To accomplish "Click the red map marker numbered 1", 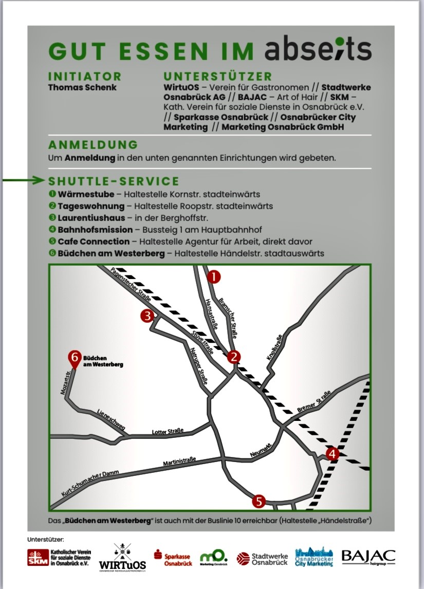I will tap(213, 277).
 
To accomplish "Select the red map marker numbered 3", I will tap(148, 316).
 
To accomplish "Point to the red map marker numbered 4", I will tap(333, 454).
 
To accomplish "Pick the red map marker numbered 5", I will tap(259, 501).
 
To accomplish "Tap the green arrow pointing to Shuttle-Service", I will tap(23, 180).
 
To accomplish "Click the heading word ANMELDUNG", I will tap(93, 145).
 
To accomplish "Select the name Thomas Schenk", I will tap(82, 87).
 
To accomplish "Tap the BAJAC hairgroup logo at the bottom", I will tap(368, 557).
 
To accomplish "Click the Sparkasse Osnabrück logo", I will tap(174, 558).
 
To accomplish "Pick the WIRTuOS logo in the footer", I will tap(122, 557).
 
